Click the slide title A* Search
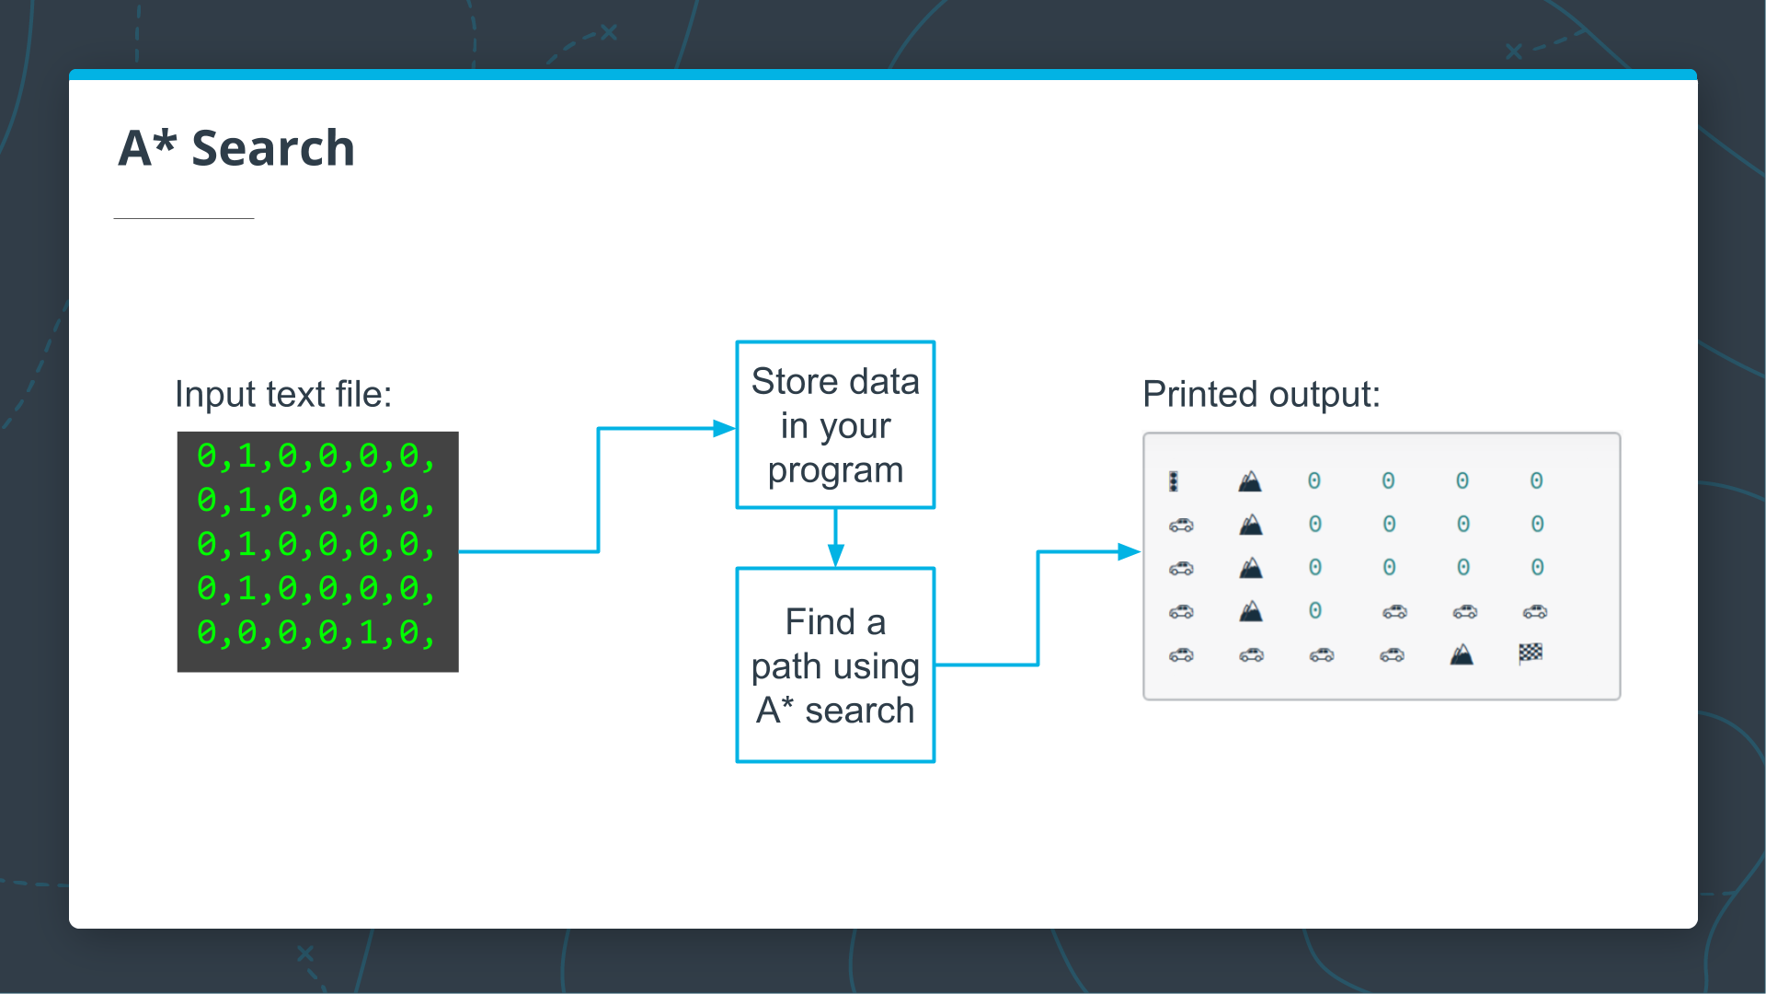coord(236,147)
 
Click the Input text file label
coord(283,394)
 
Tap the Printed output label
coord(1261,394)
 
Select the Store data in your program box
coord(835,425)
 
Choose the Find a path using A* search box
coord(835,665)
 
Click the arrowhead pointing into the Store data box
coord(725,428)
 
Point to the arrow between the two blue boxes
coord(835,538)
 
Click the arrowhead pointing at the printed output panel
coord(1130,552)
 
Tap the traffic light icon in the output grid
coord(1174,481)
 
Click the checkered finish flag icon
coord(1531,653)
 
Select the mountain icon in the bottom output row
coord(1462,654)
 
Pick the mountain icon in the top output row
coord(1249,481)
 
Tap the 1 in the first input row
coord(247,457)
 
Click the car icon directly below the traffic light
coord(1181,525)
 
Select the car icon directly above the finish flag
coord(1535,611)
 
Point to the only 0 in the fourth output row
coord(1315,610)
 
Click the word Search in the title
coord(272,147)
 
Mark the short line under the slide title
coord(184,218)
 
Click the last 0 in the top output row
coord(1536,480)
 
